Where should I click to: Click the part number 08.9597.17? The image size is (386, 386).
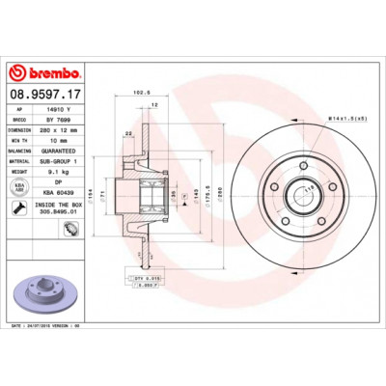click(x=43, y=95)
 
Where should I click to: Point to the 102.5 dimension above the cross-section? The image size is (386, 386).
click(x=136, y=94)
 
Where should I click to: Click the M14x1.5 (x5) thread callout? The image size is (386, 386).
click(x=347, y=118)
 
